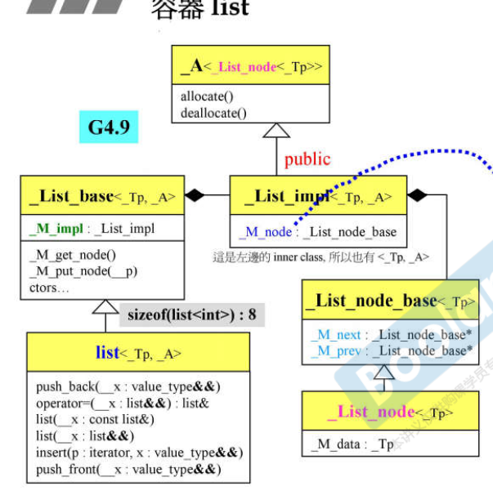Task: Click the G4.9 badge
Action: tap(109, 127)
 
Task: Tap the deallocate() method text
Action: tap(213, 113)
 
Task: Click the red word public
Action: tap(307, 158)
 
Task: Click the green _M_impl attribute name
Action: tap(54, 229)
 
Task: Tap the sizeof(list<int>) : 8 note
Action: tap(192, 312)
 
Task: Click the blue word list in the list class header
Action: tap(108, 352)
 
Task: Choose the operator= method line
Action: tap(123, 403)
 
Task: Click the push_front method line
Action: tap(129, 469)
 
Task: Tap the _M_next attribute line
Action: tap(392, 335)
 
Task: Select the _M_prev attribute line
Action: tap(392, 350)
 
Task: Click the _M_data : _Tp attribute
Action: tap(352, 444)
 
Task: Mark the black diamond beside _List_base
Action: tap(195, 196)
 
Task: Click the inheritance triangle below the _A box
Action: tap(276, 130)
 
